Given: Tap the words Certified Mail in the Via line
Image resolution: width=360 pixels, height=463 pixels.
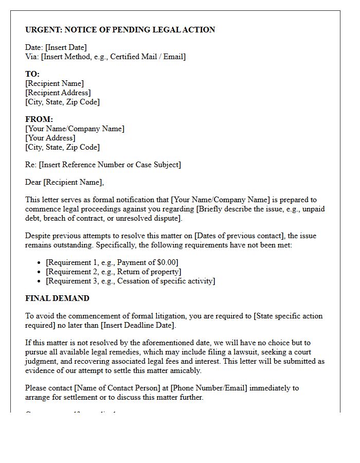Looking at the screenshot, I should [x=133, y=57].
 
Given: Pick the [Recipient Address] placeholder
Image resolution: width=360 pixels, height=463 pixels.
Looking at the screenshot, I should [x=58, y=93].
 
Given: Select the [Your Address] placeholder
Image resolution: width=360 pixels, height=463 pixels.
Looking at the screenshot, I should [x=50, y=138].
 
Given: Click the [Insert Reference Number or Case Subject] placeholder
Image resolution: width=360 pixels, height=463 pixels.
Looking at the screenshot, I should [x=110, y=165].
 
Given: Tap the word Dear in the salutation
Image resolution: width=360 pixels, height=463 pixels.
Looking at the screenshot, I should [x=33, y=182].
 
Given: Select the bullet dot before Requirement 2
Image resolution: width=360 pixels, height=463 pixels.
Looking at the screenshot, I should [x=39, y=272].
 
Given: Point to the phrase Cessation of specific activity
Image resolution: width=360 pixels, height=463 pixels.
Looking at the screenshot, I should [x=165, y=281].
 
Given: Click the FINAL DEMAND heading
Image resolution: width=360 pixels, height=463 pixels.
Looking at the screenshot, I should [x=57, y=298].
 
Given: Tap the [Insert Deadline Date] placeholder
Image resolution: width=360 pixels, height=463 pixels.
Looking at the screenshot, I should [x=138, y=326].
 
